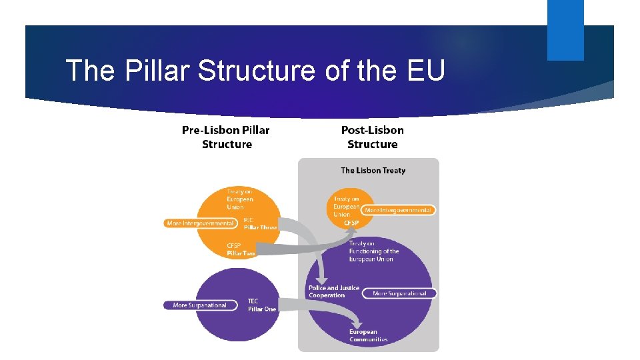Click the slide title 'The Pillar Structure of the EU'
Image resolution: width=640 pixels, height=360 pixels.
click(x=255, y=71)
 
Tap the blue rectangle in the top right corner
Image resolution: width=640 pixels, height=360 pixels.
click(x=565, y=30)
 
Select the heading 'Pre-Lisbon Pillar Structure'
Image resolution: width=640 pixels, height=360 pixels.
click(x=226, y=137)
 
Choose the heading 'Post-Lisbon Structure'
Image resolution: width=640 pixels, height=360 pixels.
click(x=372, y=137)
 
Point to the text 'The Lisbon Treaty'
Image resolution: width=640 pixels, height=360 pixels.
click(x=373, y=171)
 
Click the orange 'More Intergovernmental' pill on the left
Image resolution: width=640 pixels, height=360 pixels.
click(x=199, y=223)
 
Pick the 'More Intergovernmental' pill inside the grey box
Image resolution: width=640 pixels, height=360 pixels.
click(x=399, y=210)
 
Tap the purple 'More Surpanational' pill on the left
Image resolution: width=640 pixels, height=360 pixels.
click(x=199, y=305)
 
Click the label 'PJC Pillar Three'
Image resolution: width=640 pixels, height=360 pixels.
click(x=259, y=223)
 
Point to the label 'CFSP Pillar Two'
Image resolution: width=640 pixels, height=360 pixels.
click(x=241, y=249)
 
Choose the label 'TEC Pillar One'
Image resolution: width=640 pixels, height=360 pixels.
click(x=261, y=305)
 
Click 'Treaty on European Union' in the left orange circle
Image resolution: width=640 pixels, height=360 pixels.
click(x=240, y=199)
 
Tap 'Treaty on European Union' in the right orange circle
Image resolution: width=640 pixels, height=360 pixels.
click(x=347, y=207)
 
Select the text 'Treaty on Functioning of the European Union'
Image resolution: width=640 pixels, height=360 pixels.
click(x=373, y=251)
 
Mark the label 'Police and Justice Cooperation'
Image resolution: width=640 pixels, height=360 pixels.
click(x=333, y=291)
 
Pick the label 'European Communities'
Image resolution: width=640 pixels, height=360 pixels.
click(x=368, y=335)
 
